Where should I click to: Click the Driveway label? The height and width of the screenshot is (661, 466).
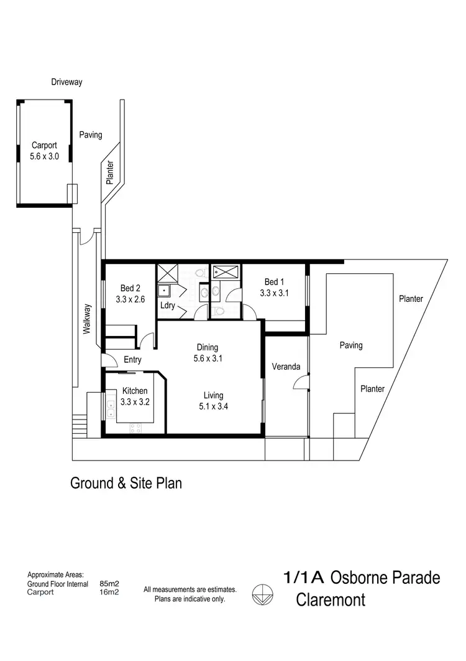(67, 82)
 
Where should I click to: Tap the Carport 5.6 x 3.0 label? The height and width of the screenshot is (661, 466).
(44, 152)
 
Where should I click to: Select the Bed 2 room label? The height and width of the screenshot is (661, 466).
(130, 294)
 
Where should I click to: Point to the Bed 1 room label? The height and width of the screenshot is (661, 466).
(274, 287)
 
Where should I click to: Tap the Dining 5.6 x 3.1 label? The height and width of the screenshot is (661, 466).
(208, 353)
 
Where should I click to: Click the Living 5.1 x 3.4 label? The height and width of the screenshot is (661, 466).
(213, 401)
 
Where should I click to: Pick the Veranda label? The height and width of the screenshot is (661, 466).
(286, 367)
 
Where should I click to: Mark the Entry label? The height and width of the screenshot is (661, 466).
(132, 360)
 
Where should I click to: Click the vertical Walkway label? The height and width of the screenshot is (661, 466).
(88, 319)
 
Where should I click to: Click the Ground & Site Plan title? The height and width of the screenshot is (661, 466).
(126, 482)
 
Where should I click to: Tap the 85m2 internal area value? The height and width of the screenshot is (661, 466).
(109, 584)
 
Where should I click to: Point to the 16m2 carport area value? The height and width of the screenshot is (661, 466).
(109, 592)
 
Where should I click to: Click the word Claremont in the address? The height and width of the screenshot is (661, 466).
(330, 601)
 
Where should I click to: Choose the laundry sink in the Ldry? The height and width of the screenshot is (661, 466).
(164, 291)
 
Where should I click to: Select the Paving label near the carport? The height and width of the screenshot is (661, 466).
(91, 134)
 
